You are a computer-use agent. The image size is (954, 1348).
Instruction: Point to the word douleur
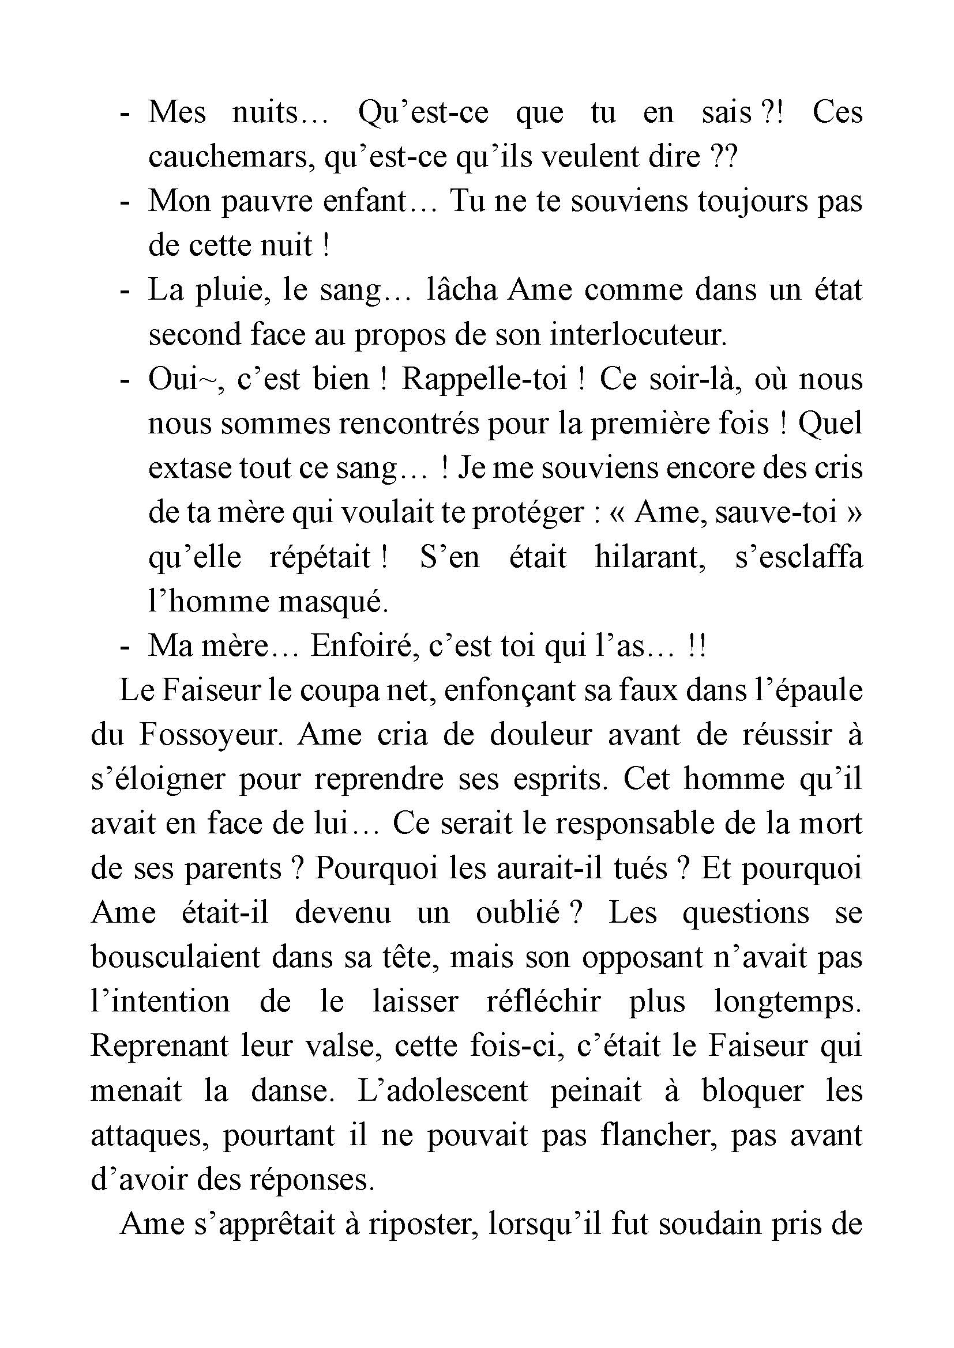[x=540, y=735]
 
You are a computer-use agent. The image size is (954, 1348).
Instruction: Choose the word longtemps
[x=787, y=1002]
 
